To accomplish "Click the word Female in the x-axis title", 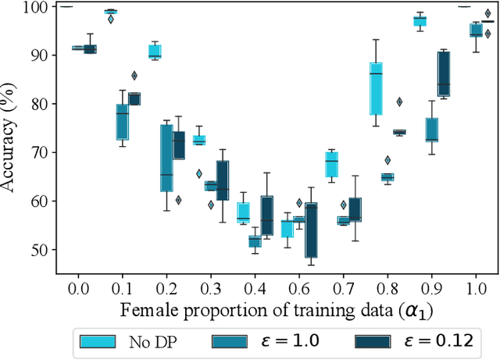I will click(145, 310).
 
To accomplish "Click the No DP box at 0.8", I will click(377, 88).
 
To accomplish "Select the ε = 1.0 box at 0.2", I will click(166, 158).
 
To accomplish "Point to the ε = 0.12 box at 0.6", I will click(311, 230).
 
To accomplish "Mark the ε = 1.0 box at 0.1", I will click(123, 122).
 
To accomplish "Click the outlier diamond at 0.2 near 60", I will click(178, 200).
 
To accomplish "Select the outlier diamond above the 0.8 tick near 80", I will click(399, 102).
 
